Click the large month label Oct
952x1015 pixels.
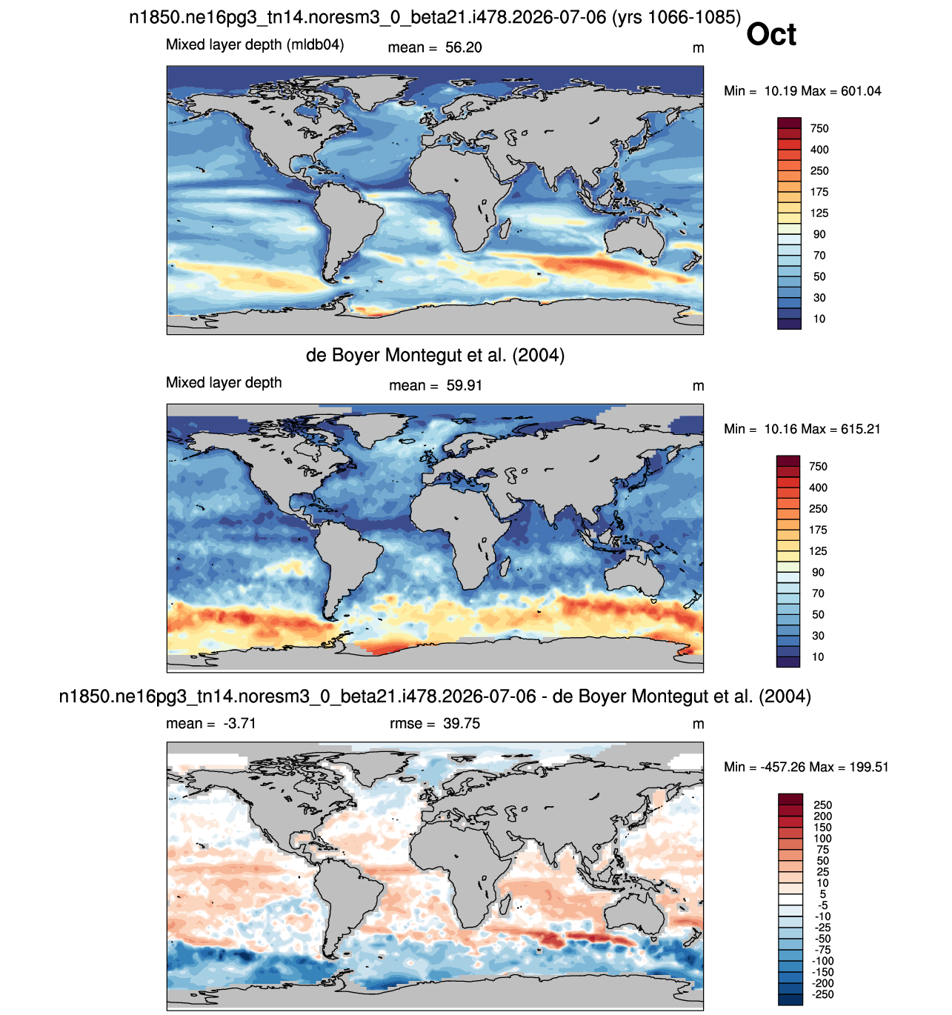770,35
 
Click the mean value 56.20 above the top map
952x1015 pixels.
463,47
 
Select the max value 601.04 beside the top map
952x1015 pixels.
861,91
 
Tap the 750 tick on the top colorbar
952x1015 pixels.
819,128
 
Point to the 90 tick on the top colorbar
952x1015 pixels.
819,234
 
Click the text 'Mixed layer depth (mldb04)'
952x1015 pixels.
255,45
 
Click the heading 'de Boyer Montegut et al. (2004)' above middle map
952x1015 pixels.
435,355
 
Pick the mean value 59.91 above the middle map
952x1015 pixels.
465,385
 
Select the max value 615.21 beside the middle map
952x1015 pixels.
860,429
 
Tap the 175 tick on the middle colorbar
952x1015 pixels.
817,530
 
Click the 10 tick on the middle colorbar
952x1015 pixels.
817,656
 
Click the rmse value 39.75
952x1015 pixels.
462,723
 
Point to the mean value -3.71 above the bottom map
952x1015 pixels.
240,723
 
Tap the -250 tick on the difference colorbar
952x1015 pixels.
822,994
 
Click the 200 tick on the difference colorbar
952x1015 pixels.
822,816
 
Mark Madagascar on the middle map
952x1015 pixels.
505,565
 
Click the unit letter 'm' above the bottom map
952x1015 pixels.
698,724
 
